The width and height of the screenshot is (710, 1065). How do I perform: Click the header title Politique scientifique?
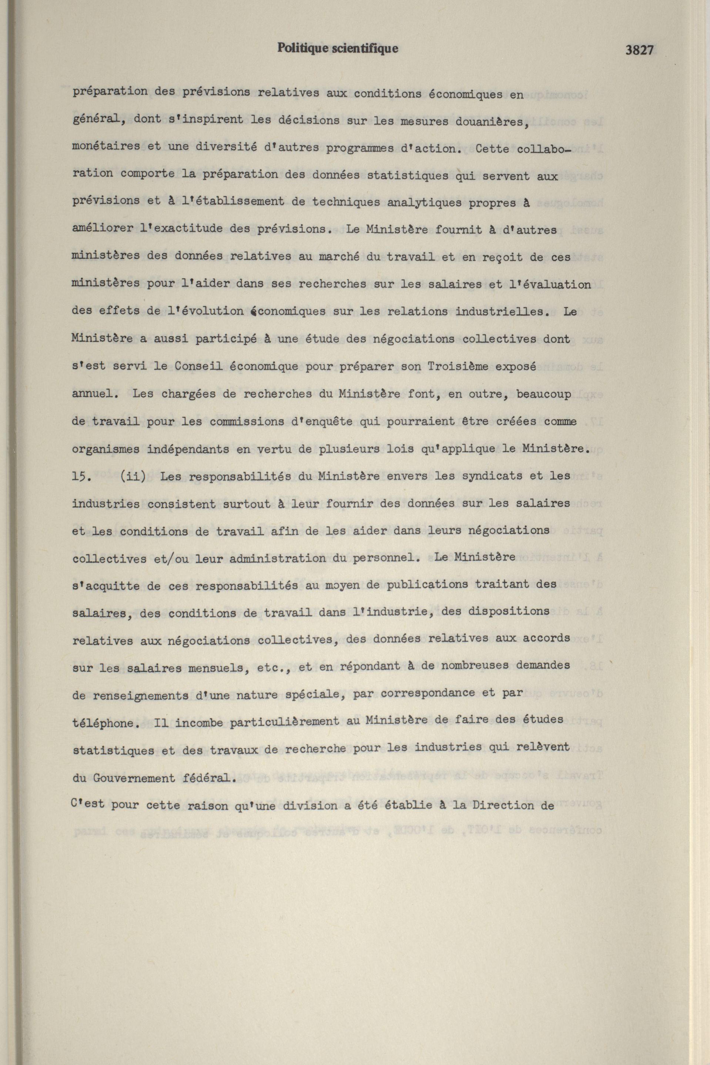coord(338,48)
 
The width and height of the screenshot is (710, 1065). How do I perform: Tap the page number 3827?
coord(639,50)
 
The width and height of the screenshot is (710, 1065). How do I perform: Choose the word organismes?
coord(106,449)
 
